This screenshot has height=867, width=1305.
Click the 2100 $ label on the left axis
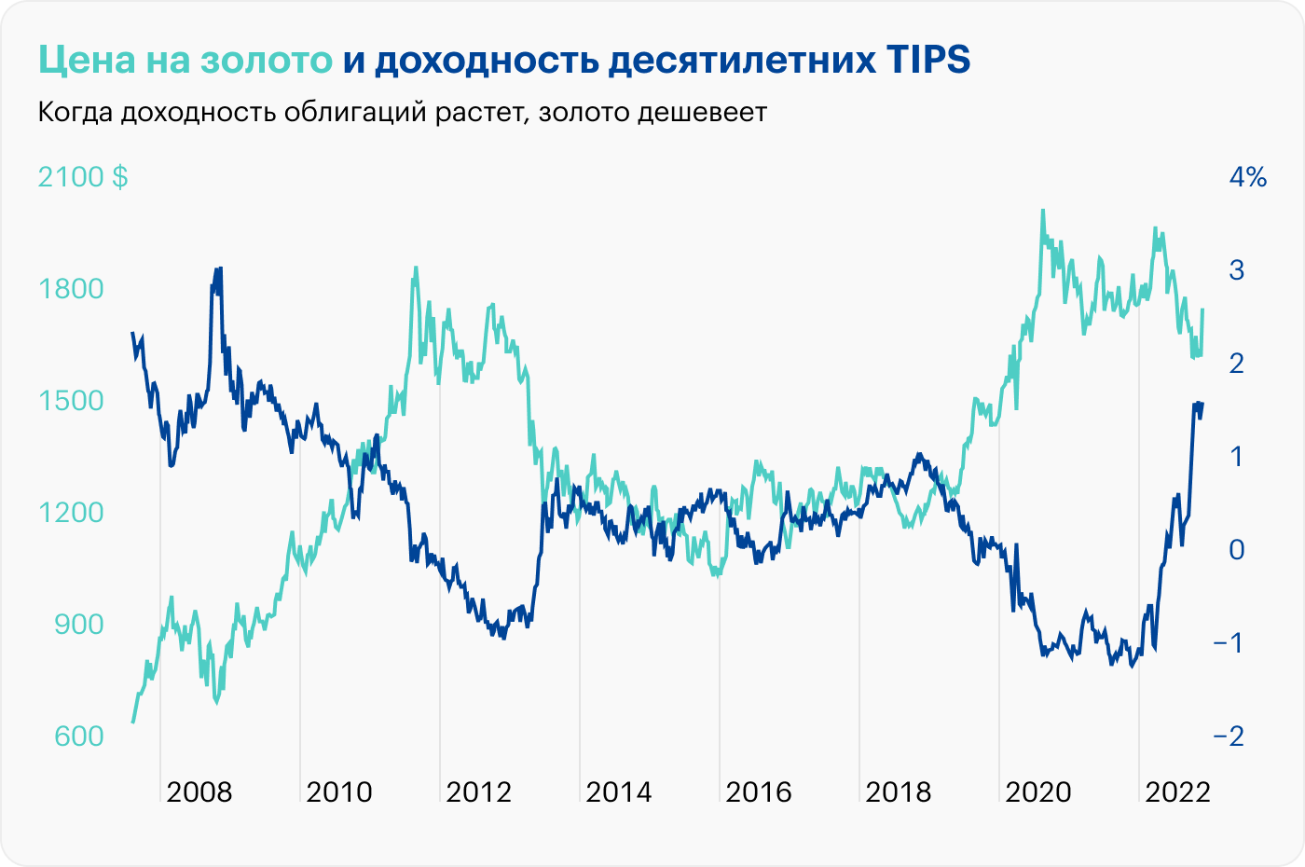pyautogui.click(x=83, y=176)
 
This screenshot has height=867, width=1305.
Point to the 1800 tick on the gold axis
pyautogui.click(x=72, y=288)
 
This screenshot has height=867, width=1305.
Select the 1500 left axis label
pyautogui.click(x=72, y=400)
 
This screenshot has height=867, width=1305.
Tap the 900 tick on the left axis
pyautogui.click(x=79, y=624)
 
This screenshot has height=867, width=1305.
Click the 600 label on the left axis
pyautogui.click(x=79, y=736)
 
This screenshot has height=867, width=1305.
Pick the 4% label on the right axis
pyautogui.click(x=1247, y=176)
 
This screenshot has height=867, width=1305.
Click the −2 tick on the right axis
pyautogui.click(x=1229, y=736)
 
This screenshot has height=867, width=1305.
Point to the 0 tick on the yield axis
pyautogui.click(x=1237, y=549)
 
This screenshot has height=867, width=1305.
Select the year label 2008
pyautogui.click(x=199, y=792)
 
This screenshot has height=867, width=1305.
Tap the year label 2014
pyautogui.click(x=619, y=792)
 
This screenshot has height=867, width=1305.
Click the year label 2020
pyautogui.click(x=1038, y=792)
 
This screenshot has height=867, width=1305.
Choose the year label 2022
pyautogui.click(x=1177, y=792)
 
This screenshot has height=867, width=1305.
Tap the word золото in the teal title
pyautogui.click(x=266, y=60)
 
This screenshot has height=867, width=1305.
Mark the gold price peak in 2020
pyautogui.click(x=1042, y=211)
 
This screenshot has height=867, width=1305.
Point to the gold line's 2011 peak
pyautogui.click(x=416, y=268)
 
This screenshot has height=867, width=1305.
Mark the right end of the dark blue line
pyautogui.click(x=1202, y=404)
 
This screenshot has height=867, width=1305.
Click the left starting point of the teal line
pyautogui.click(x=133, y=722)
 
